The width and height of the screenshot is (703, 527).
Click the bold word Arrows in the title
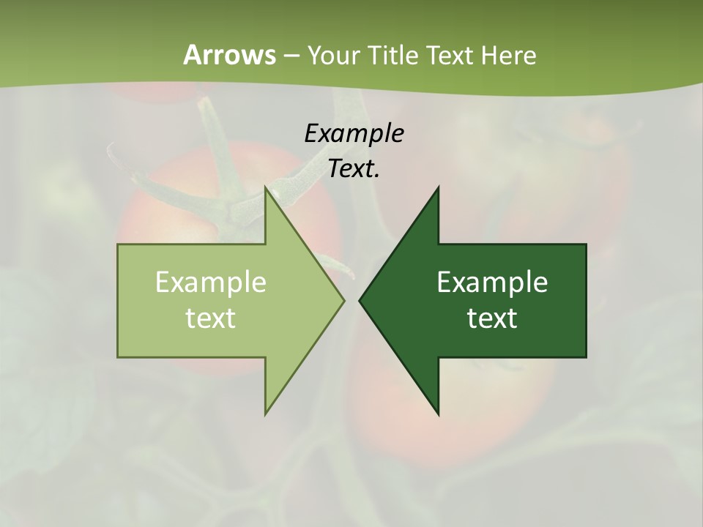click(228, 56)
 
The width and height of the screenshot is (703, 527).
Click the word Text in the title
click(450, 56)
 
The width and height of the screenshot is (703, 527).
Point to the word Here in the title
click(509, 56)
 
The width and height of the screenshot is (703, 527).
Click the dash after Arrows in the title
click(291, 56)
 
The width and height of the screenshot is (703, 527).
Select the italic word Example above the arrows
click(354, 133)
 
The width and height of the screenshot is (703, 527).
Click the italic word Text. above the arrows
click(354, 169)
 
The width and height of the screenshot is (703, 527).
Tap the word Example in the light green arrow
click(211, 283)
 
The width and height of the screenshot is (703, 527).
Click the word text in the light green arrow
click(211, 318)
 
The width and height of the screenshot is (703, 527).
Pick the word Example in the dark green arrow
click(492, 283)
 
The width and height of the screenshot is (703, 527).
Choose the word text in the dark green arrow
click(492, 318)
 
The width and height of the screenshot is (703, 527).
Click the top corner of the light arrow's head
click(266, 188)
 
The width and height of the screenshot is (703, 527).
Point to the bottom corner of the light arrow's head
click(266, 414)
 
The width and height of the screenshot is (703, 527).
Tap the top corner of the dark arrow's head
click(438, 188)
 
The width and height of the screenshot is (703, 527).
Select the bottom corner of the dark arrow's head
click(438, 414)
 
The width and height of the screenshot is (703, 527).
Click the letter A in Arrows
click(192, 56)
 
